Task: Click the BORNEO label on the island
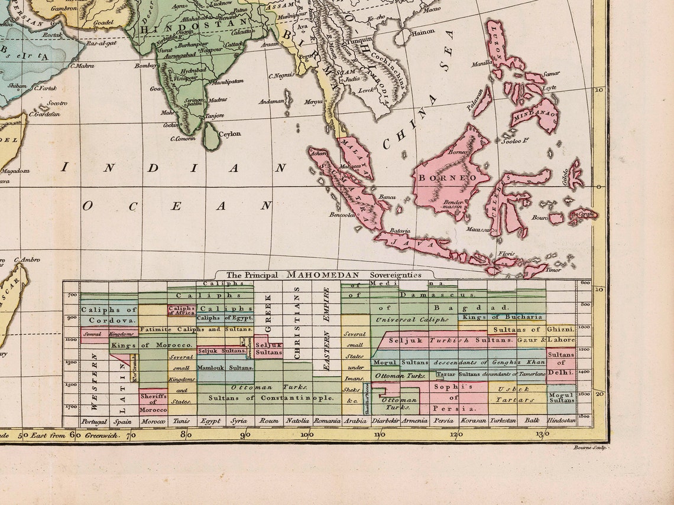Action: pyautogui.click(x=447, y=178)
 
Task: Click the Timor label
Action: pyautogui.click(x=553, y=270)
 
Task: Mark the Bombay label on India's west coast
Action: pyautogui.click(x=145, y=66)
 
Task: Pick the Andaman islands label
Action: pyautogui.click(x=271, y=102)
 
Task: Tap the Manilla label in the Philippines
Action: pyautogui.click(x=482, y=63)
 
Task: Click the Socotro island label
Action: pyautogui.click(x=57, y=103)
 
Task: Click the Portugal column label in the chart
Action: pyautogui.click(x=94, y=421)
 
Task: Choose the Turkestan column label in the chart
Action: pyautogui.click(x=501, y=421)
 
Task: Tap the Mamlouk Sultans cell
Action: pyautogui.click(x=225, y=367)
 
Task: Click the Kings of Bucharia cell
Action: pyautogui.click(x=494, y=317)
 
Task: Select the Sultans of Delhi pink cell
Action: pyautogui.click(x=560, y=363)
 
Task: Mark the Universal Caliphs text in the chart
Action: pyautogui.click(x=411, y=320)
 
